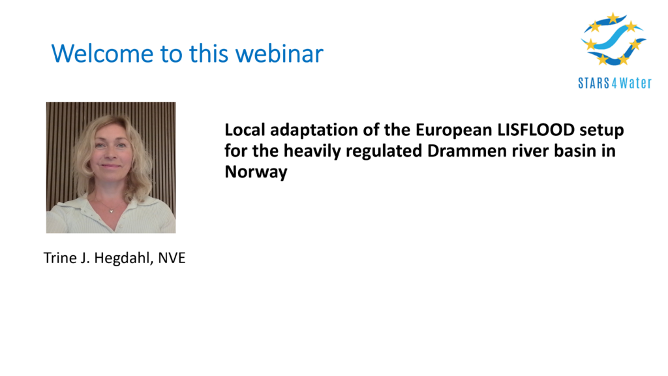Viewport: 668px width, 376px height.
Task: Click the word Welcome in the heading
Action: (x=102, y=54)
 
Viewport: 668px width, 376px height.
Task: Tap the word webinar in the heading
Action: (x=279, y=54)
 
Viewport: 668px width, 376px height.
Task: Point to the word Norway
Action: (x=256, y=172)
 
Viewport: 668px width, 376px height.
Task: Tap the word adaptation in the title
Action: (x=314, y=131)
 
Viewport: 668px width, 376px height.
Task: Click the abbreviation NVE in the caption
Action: (x=172, y=258)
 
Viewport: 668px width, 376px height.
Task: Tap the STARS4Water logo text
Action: (x=615, y=83)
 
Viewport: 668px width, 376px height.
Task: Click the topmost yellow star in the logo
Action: (x=613, y=18)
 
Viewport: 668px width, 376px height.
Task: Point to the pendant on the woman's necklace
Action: (x=111, y=210)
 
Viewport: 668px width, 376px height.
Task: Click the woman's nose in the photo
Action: (x=111, y=153)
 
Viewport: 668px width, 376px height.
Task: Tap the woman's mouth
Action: (x=111, y=166)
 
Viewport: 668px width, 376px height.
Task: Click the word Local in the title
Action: (x=245, y=130)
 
